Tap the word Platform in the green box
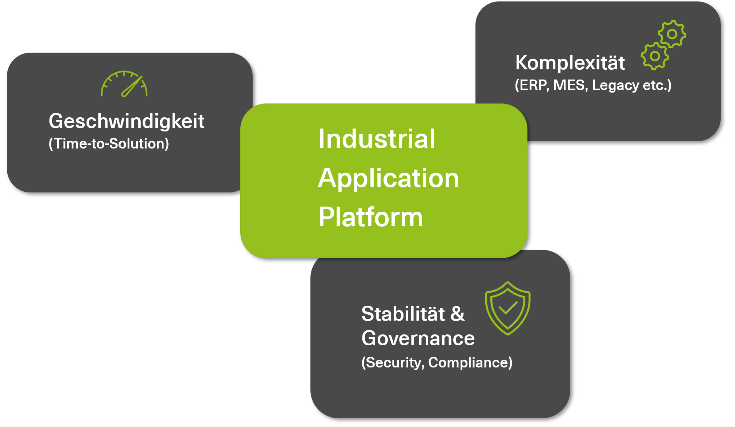coord(370,217)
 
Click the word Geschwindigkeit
coord(126,121)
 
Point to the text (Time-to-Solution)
coord(109,143)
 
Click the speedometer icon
coord(124,84)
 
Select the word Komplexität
coord(570,62)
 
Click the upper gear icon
coord(672,34)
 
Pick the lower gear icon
coord(655,56)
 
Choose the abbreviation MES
coord(569,85)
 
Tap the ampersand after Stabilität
coord(457,314)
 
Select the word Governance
coord(418,338)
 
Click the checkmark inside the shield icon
coord(508,308)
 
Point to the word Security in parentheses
coord(394,363)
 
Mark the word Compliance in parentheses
coord(469,363)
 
